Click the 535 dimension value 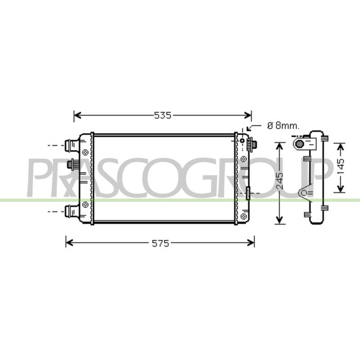pyautogui.click(x=162, y=115)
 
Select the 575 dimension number pyautogui.click(x=161, y=243)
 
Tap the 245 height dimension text pyautogui.click(x=279, y=181)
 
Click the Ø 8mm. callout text pyautogui.click(x=283, y=126)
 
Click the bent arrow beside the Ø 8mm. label pyautogui.click(x=253, y=127)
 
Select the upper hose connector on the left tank pyautogui.click(x=72, y=145)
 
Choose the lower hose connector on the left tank pyautogui.click(x=72, y=211)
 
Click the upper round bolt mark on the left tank pyautogui.click(x=85, y=152)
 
